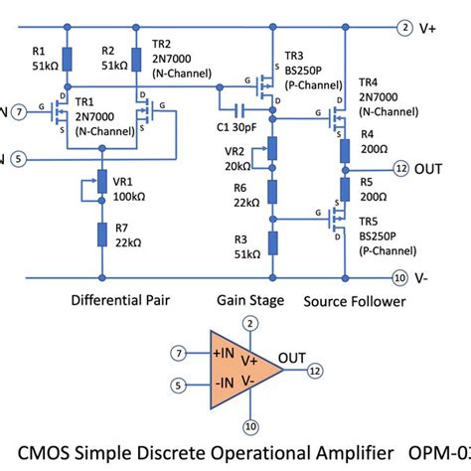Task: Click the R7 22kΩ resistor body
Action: tap(101, 235)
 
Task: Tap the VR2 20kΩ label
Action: tap(239, 158)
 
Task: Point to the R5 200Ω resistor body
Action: tap(344, 188)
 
